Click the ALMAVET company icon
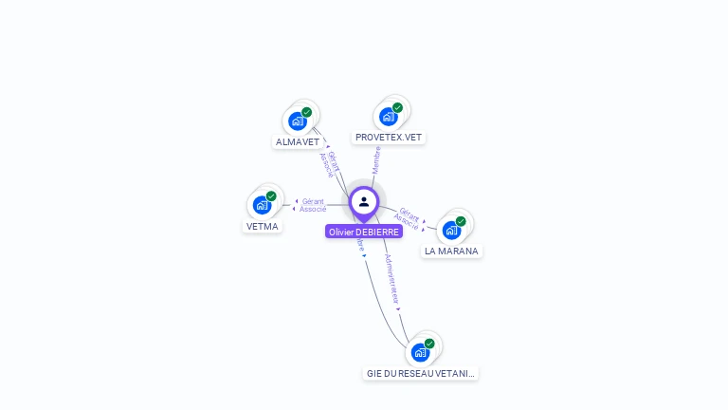[x=298, y=121]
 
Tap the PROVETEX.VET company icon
[x=388, y=116]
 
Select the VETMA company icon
[x=262, y=204]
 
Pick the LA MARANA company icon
[x=452, y=229]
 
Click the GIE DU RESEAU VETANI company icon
[x=420, y=351]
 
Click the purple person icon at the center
[x=364, y=201]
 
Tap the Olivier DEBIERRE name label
[x=364, y=232]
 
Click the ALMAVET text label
[x=298, y=142]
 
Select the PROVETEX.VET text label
[x=389, y=138]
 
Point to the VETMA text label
[x=263, y=227]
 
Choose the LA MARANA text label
[x=452, y=252]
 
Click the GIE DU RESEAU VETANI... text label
[x=421, y=374]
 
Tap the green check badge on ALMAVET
[x=306, y=112]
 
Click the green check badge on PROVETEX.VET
[x=397, y=107]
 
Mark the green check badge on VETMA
[x=271, y=196]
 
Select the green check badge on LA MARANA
[x=461, y=221]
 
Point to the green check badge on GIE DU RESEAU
[x=429, y=344]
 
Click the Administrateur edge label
[x=392, y=278]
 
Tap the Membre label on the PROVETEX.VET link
[x=376, y=158]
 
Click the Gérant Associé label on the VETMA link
[x=313, y=205]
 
